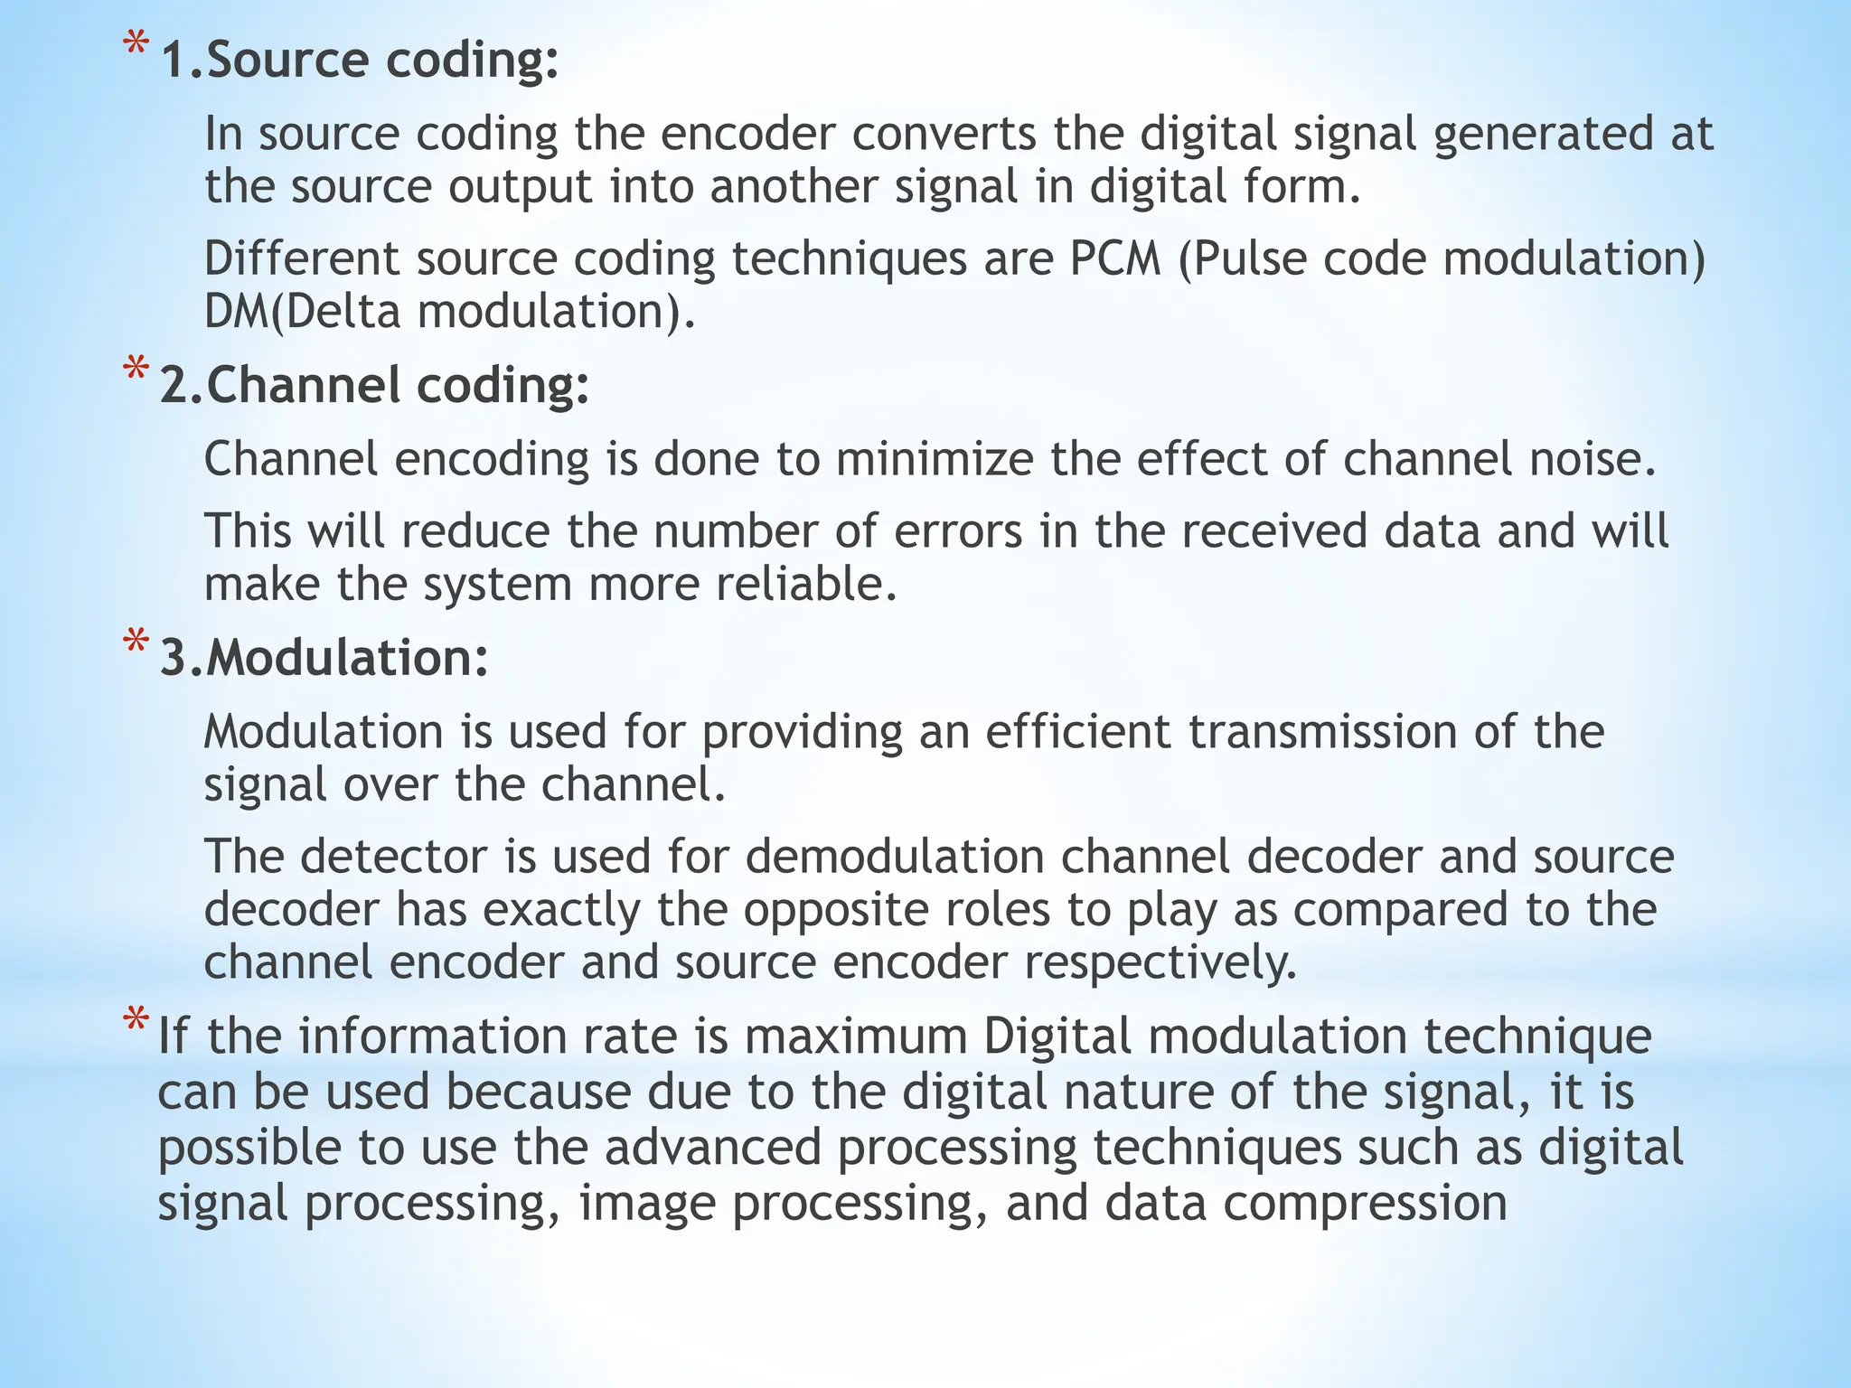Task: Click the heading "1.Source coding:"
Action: pos(360,61)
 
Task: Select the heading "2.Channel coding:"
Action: pos(374,386)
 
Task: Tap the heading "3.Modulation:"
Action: pos(324,658)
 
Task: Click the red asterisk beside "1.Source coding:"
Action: pos(136,45)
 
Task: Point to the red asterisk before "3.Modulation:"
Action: pos(136,642)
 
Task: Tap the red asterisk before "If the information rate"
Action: pos(136,1020)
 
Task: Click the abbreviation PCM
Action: pos(1115,259)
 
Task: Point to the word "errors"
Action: pos(958,531)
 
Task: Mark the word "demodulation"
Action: pos(895,856)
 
